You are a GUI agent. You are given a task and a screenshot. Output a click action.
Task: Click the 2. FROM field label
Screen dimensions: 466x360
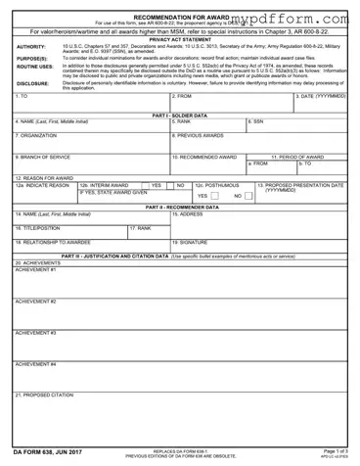tap(182, 97)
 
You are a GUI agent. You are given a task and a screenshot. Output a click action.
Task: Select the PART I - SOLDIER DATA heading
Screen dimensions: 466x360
tap(180, 115)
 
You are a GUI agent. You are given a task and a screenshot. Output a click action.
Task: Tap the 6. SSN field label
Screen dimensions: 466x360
tap(258, 121)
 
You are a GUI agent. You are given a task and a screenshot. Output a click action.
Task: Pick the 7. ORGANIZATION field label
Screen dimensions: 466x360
tap(39, 134)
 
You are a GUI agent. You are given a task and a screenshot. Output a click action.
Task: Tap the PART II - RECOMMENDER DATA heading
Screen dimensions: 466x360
tap(180, 207)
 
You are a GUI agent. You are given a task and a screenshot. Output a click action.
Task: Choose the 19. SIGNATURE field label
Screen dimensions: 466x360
tap(190, 240)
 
